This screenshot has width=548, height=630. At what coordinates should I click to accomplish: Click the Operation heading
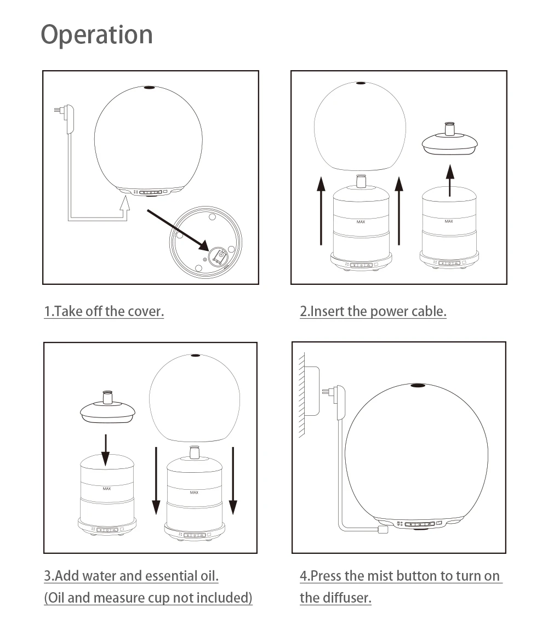[x=96, y=35]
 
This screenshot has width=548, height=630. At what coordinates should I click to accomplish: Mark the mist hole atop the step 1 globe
[x=149, y=87]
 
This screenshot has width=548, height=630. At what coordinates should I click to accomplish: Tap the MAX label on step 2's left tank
[x=361, y=222]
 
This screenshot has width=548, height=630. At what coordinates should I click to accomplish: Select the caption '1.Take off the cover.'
[x=104, y=311]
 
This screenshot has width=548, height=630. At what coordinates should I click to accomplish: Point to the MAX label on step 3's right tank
[x=194, y=492]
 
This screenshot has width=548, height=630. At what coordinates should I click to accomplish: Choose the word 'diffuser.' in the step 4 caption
[x=346, y=598]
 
